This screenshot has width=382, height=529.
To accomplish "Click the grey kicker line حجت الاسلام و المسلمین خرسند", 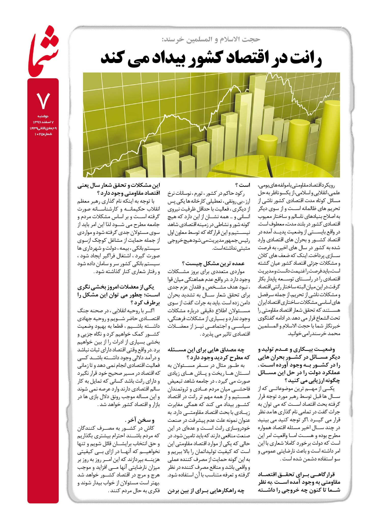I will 211,39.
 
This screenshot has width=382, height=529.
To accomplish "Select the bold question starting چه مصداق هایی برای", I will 209,354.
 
